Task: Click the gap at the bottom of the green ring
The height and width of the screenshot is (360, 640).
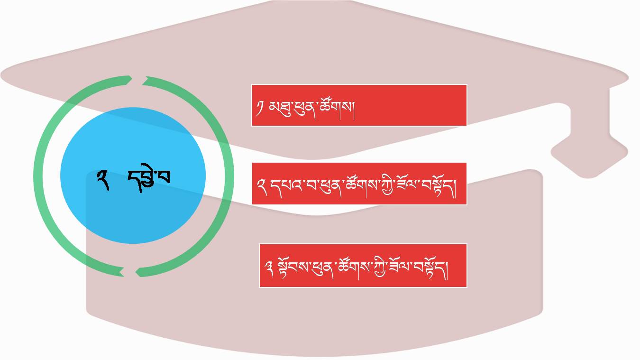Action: click(129, 272)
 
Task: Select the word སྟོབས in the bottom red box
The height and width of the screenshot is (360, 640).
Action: click(293, 268)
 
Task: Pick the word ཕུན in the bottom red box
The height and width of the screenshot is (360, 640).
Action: click(322, 268)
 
